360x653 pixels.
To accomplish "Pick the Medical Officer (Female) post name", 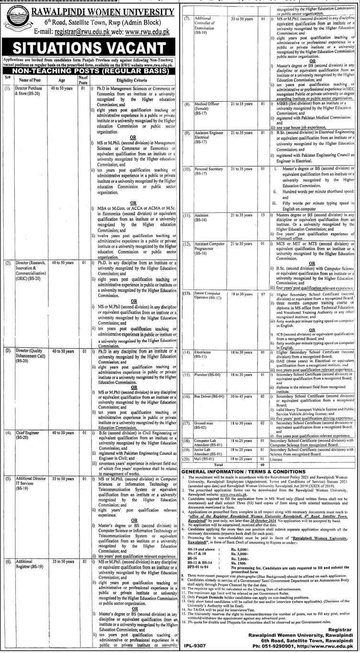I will pyautogui.click(x=205, y=120).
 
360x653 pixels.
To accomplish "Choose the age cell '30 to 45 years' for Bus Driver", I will pyautogui.click(x=241, y=397).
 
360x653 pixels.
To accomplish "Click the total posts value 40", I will pyautogui.click(x=263, y=465).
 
